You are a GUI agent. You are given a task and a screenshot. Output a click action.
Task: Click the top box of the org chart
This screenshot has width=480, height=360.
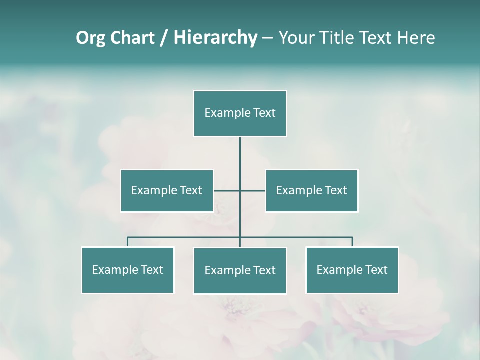[240, 113]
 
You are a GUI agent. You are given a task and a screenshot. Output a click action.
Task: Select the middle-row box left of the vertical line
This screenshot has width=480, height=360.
[167, 190]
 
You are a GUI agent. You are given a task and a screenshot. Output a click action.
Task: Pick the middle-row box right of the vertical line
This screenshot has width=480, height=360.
[312, 190]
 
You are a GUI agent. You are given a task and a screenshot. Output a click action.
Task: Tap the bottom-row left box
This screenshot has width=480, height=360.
[128, 270]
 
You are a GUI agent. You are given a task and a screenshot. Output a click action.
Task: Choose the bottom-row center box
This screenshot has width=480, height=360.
[240, 270]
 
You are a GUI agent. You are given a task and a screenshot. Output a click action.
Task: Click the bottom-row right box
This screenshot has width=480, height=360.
[352, 270]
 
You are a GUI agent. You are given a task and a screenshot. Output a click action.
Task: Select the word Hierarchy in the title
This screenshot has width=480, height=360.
[215, 38]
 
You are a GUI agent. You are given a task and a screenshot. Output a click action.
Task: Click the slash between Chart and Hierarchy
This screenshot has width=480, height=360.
[164, 38]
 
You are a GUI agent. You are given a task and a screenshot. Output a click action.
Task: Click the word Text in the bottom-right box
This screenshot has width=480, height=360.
[377, 270]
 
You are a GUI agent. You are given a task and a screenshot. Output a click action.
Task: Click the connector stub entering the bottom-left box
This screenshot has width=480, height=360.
[128, 242]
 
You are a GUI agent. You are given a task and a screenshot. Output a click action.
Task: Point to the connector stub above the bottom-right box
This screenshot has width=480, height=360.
[352, 242]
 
